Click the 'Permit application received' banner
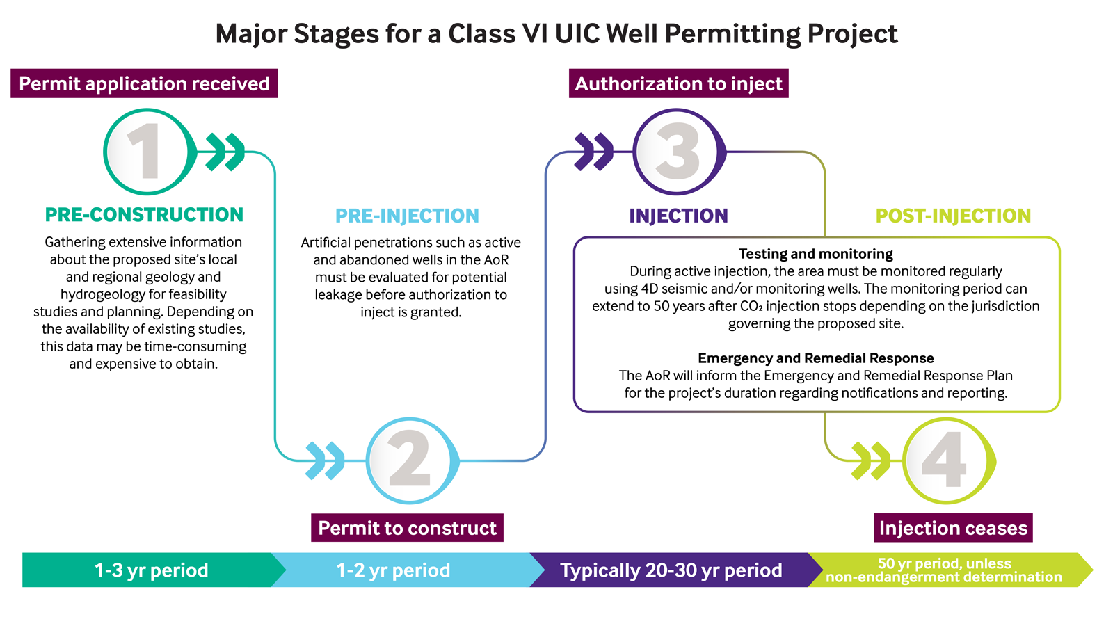[144, 83]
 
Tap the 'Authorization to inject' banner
[679, 83]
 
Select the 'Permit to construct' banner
[407, 528]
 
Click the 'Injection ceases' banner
[953, 528]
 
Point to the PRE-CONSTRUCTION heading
[144, 215]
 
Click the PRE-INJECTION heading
[407, 216]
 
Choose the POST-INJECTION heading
[953, 216]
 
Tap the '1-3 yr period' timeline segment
[152, 570]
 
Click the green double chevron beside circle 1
[225, 152]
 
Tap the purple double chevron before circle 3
[594, 152]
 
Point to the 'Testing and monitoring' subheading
[816, 254]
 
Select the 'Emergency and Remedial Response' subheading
[816, 358]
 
